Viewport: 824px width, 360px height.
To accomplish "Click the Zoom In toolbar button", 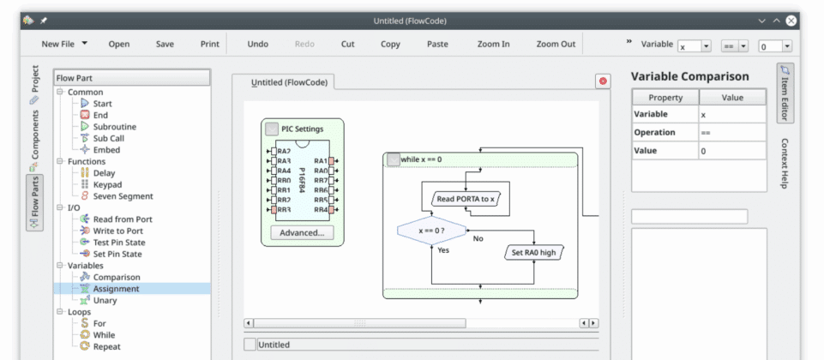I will click(493, 44).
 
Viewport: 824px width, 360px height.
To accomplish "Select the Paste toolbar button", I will click(437, 44).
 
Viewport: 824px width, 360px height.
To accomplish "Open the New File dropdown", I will click(63, 44).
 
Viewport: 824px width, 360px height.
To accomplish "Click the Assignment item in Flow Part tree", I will click(116, 289).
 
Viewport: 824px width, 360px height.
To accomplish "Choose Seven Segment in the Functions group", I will click(123, 195).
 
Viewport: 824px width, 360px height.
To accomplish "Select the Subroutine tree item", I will click(114, 127).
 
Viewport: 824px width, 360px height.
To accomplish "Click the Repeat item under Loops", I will click(106, 346).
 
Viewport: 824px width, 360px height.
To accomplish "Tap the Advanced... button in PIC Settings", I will click(302, 232).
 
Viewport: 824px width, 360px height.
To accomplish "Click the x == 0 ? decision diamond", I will click(431, 231).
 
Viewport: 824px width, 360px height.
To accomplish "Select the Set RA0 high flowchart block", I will click(533, 252).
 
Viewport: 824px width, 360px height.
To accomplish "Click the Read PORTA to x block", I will click(466, 199).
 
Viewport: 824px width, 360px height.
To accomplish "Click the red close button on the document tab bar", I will click(603, 81).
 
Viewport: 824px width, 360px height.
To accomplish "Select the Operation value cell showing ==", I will click(731, 133).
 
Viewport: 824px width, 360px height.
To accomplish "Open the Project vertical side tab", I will click(35, 79).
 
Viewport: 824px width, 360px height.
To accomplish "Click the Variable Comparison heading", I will click(689, 76).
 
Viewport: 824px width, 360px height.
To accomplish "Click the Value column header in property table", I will click(731, 98).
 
